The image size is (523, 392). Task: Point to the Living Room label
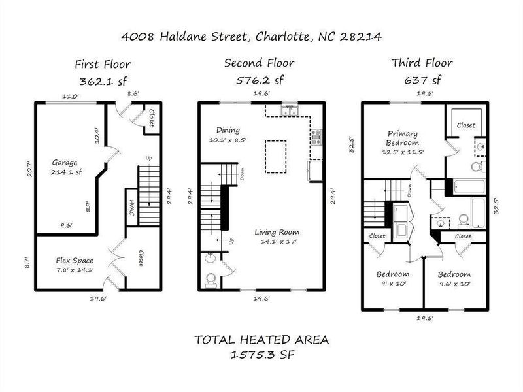point(277,231)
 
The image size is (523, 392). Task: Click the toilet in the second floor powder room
point(210,280)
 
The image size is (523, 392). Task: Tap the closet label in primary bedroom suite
point(465,124)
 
